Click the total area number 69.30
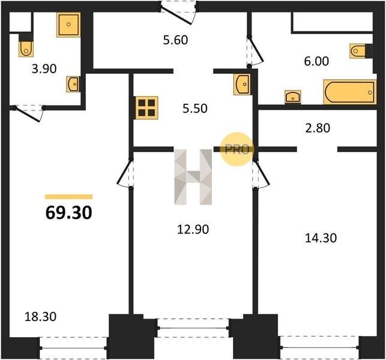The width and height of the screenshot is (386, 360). point(69,212)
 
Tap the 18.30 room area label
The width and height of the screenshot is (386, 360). point(41,316)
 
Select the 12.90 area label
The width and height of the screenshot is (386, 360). point(193,229)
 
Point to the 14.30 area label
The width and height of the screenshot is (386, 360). point(321,238)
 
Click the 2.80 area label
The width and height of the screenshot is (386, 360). point(318,128)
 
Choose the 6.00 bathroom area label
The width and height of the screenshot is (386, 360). point(316,61)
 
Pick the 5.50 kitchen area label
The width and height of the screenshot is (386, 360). point(195,109)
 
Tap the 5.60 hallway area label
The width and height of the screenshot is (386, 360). point(175,40)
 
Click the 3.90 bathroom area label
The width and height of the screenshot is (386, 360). point(44,68)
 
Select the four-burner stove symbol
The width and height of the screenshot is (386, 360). point(146,108)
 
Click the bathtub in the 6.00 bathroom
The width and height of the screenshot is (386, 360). point(350,92)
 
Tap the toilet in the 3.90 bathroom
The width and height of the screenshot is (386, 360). point(26,49)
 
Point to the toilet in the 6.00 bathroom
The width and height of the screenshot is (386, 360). point(357,51)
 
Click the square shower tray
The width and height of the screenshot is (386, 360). point(68,25)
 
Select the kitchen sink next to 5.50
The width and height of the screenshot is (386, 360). point(243,84)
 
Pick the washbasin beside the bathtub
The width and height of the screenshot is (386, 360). point(293,97)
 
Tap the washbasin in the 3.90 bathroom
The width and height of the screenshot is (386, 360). point(73,84)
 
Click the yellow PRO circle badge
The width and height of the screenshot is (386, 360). point(237,149)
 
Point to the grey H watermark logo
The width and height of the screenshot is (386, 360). point(193,177)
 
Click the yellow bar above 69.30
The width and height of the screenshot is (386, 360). point(69,197)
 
